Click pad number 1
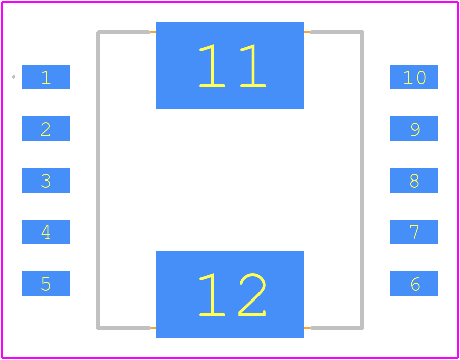(46, 76)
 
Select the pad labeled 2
(46, 128)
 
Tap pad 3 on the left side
(46, 180)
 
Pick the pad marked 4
(46, 231)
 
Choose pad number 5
(46, 283)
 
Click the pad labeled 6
(414, 283)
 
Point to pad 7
(414, 231)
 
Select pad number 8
(414, 180)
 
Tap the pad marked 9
(414, 128)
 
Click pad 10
(414, 76)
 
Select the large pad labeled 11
(230, 66)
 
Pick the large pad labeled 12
(230, 294)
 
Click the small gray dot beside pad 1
(13, 77)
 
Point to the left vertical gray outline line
(98, 180)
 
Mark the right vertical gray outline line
(362, 180)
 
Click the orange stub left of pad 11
(153, 32)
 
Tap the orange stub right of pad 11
(307, 32)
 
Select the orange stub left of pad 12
(153, 328)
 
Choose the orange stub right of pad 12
(307, 328)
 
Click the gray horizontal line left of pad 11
(123, 32)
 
